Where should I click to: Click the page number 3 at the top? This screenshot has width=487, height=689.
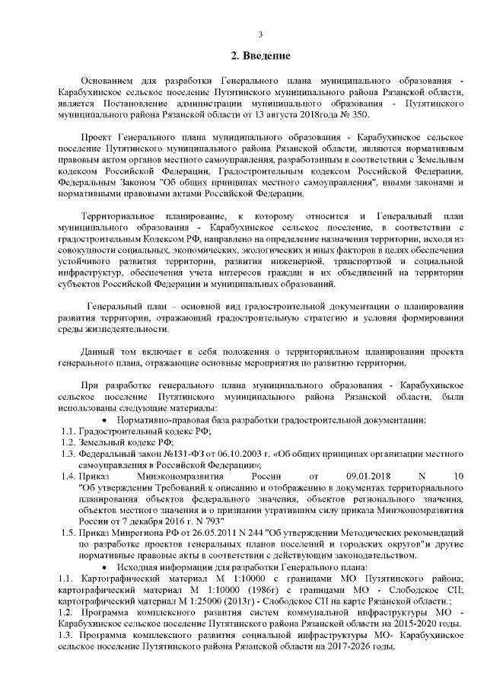point(260,34)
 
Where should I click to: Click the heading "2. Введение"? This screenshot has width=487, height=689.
point(260,56)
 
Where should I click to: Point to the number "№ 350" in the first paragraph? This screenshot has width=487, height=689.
point(355,113)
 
